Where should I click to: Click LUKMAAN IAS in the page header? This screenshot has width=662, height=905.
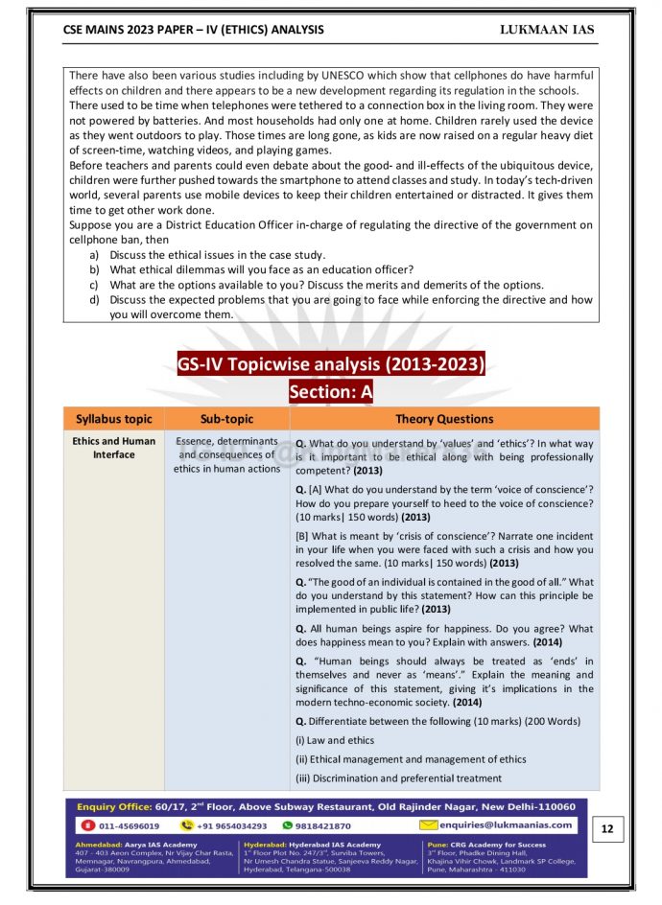coord(547,30)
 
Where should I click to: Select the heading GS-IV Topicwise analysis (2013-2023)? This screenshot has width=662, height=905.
coord(331,364)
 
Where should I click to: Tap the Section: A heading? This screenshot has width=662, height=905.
coord(331,391)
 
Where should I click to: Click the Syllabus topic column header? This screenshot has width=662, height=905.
coord(113,419)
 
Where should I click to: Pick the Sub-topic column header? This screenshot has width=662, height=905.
coord(227,419)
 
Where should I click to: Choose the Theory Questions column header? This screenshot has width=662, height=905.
coord(444,419)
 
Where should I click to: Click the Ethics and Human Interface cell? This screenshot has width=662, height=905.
coord(113,448)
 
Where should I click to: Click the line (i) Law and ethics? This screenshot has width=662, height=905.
coord(335,740)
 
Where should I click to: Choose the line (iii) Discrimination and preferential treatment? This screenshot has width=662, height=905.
coord(398,778)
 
